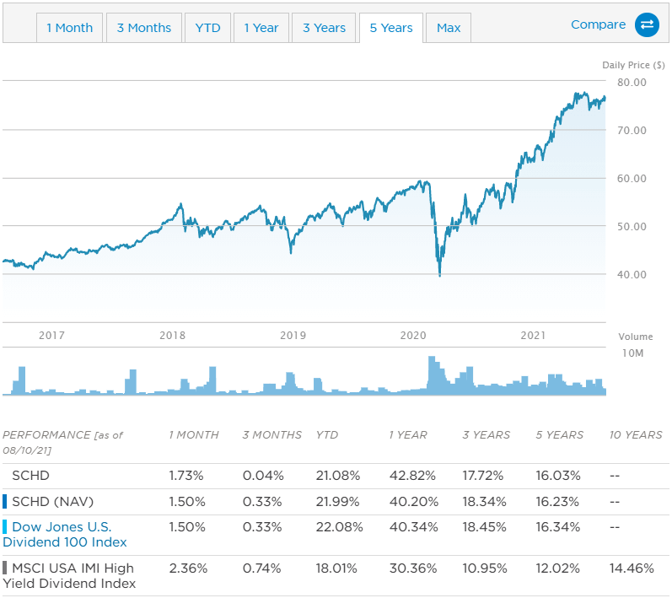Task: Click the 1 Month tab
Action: pyautogui.click(x=69, y=28)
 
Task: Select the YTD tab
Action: pyautogui.click(x=208, y=28)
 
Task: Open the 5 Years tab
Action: pyautogui.click(x=391, y=28)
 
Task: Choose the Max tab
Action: pyautogui.click(x=449, y=28)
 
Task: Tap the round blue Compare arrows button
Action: pyautogui.click(x=647, y=24)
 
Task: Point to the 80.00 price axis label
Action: pyautogui.click(x=632, y=83)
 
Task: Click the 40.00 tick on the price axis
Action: pyautogui.click(x=632, y=274)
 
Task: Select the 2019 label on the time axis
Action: pyautogui.click(x=293, y=335)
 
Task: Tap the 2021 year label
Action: pyautogui.click(x=533, y=335)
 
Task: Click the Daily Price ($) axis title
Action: pyautogui.click(x=633, y=65)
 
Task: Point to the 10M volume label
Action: pyautogui.click(x=633, y=353)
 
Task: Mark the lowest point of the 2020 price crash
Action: pyautogui.click(x=440, y=276)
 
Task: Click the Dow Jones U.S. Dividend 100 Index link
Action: pyautogui.click(x=65, y=535)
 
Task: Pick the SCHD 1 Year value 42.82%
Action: pyautogui.click(x=412, y=476)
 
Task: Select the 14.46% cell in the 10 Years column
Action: pyautogui.click(x=632, y=568)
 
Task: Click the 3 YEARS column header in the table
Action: pyautogui.click(x=486, y=435)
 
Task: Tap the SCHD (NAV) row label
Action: pyautogui.click(x=53, y=502)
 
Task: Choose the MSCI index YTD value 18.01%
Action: pyautogui.click(x=336, y=568)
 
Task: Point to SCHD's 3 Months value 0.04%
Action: pyautogui.click(x=263, y=476)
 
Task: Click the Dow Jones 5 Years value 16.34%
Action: pyautogui.click(x=558, y=527)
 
